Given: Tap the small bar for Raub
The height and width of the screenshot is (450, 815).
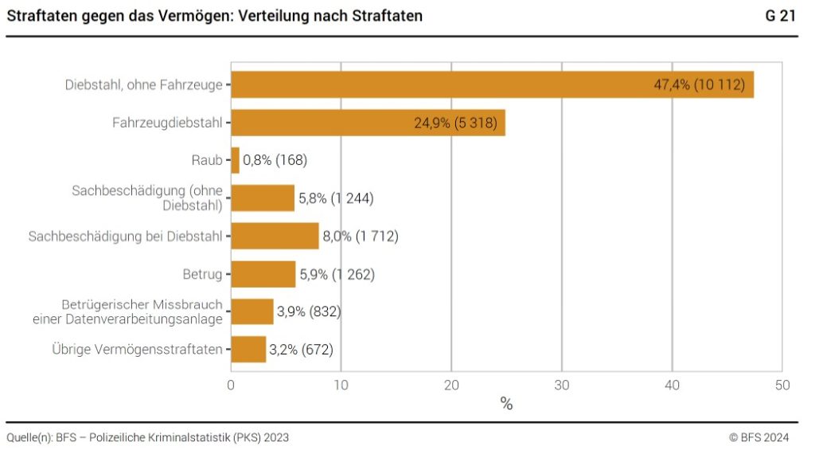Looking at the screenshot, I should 235,160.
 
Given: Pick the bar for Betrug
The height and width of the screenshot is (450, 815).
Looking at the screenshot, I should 263,274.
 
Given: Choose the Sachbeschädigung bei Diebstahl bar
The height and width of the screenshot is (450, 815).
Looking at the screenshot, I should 275,236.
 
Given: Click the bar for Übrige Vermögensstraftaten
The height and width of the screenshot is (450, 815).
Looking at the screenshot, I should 248,349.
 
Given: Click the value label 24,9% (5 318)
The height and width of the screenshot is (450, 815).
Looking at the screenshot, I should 457,123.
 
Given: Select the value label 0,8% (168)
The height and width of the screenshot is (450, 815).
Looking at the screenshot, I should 275,160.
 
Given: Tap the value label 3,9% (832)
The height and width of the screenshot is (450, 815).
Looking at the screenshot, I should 309,312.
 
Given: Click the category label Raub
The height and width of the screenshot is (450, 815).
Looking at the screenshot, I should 206,160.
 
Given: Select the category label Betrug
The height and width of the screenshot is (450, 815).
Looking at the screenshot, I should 202,274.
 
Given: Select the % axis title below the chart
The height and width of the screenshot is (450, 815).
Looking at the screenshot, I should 506,405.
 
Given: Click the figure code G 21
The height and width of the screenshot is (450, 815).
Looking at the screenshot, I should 782,16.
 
